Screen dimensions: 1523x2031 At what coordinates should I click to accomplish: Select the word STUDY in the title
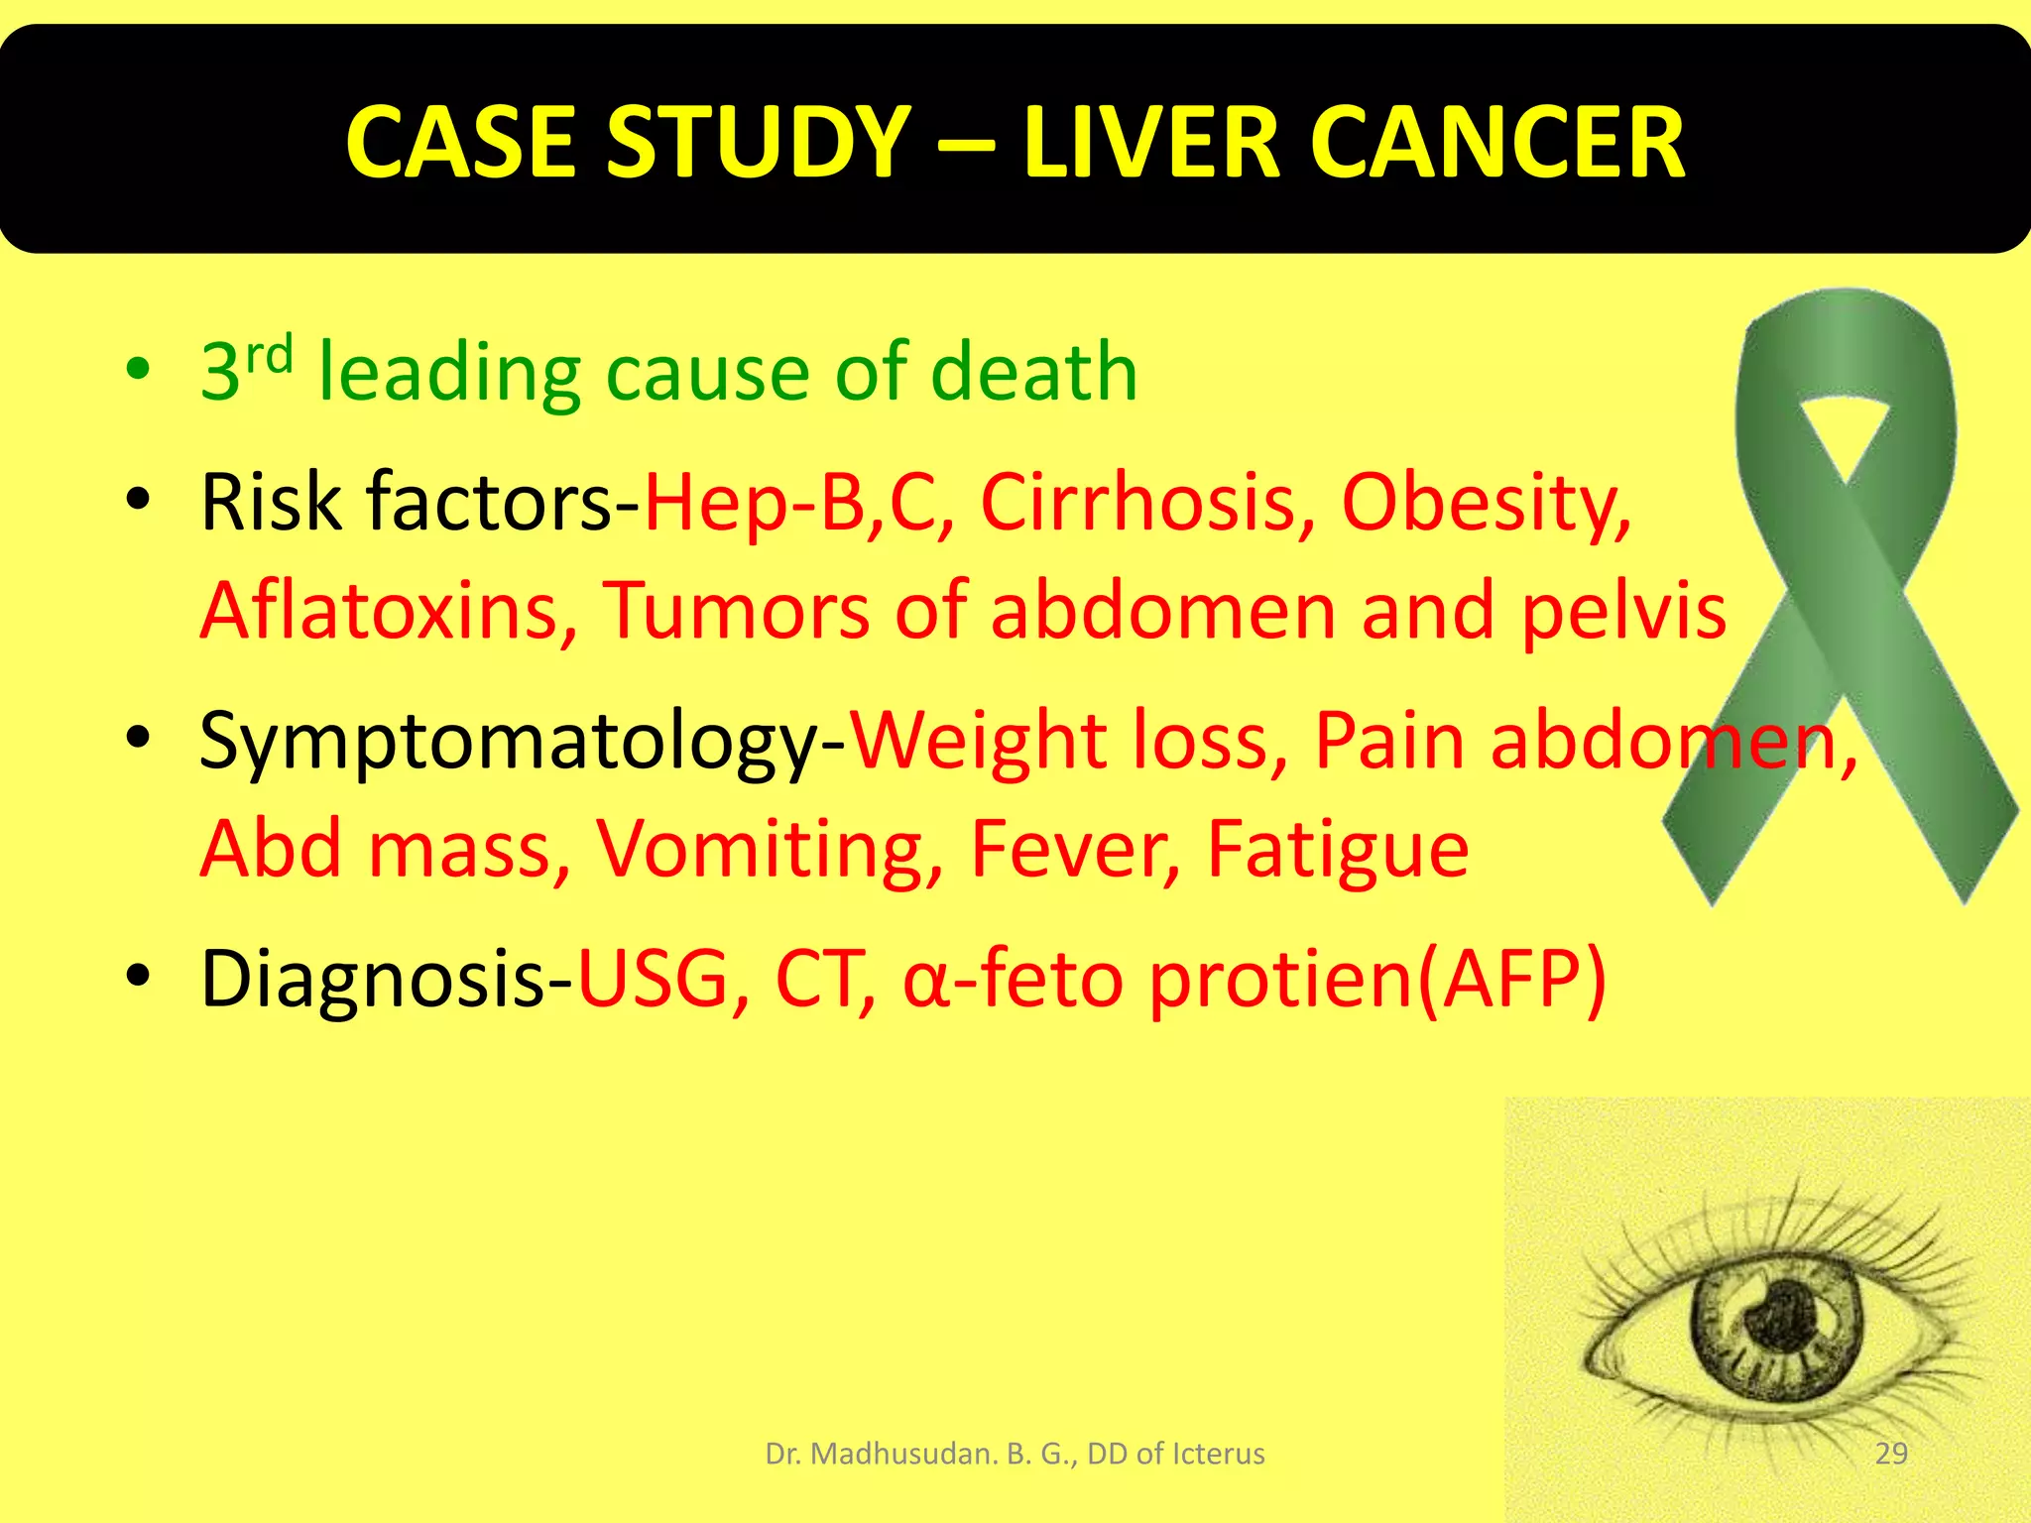click(758, 144)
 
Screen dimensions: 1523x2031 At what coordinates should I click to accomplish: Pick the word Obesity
click(1485, 504)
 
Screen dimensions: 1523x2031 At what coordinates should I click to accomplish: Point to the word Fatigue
click(1337, 852)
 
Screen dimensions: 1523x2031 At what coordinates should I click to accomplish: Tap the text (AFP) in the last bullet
click(1512, 981)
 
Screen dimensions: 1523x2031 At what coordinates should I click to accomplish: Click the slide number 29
click(1891, 1454)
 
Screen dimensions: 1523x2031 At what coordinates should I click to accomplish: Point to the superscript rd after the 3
click(269, 354)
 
